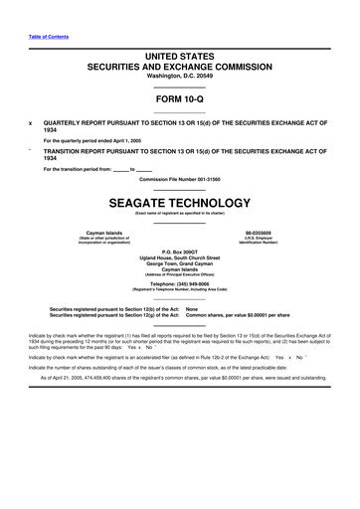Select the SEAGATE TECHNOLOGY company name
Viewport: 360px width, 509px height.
point(180,200)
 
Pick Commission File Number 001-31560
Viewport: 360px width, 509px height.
point(180,178)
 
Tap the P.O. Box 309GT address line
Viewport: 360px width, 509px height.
point(180,254)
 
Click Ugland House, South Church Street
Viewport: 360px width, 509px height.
point(180,260)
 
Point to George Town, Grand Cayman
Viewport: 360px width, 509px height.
point(180,266)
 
